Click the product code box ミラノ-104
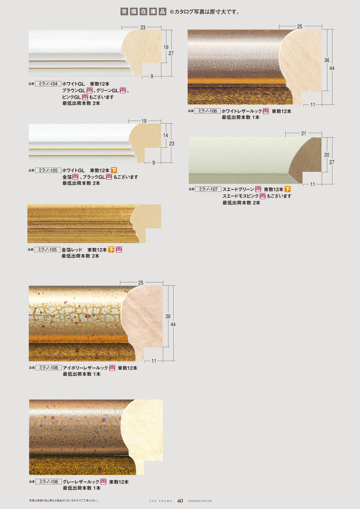click(48, 84)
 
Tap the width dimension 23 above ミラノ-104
click(143, 27)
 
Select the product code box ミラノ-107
click(208, 189)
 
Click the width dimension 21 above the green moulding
click(303, 133)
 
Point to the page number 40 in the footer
click(180, 501)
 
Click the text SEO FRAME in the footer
click(161, 501)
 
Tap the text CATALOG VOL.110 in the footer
click(200, 501)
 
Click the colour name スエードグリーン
click(238, 189)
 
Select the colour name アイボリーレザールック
click(85, 368)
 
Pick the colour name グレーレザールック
click(81, 482)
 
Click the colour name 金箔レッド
click(72, 250)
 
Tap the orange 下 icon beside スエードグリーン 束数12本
click(288, 189)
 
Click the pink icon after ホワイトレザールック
click(266, 111)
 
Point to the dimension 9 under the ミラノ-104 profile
click(152, 77)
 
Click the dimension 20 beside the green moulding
click(326, 155)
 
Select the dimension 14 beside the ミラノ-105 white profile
click(166, 135)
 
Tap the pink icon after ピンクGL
click(85, 97)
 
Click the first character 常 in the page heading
click(124, 12)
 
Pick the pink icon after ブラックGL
click(109, 177)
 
